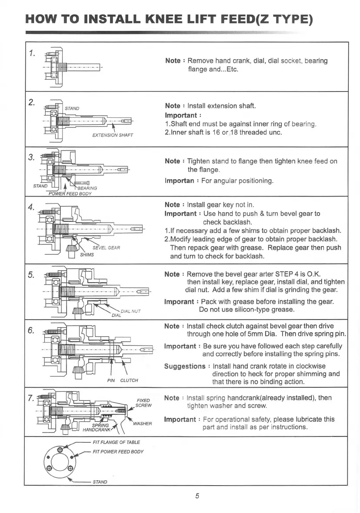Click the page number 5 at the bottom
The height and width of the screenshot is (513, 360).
coord(197,496)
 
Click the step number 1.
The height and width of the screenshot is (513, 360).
coord(31,53)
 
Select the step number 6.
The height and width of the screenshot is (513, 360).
coord(31,330)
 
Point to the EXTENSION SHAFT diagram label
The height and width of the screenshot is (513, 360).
coord(113,135)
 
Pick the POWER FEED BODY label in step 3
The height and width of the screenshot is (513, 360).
coord(70,194)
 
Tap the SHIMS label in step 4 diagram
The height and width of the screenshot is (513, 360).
coord(87,255)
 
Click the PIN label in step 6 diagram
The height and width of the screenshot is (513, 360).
coord(111,380)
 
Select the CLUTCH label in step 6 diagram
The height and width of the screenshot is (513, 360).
coord(129,380)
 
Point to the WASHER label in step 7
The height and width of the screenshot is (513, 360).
coord(142,423)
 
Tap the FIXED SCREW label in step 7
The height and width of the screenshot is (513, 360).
coord(143,403)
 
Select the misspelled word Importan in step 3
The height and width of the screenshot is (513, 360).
coord(179,180)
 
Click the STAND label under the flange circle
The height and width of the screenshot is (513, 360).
coord(100,482)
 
